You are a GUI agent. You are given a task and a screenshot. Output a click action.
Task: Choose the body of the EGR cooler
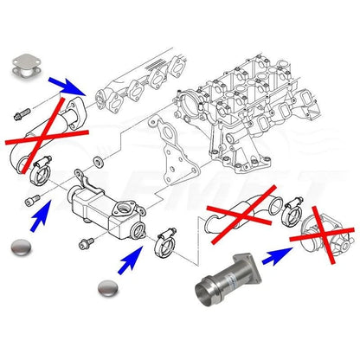96,203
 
